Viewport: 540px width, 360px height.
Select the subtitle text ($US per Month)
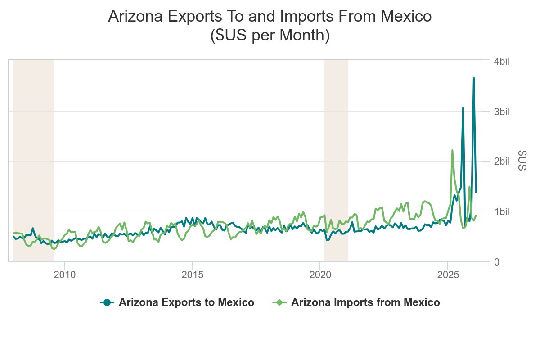(270, 36)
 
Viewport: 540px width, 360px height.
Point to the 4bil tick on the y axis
(501, 62)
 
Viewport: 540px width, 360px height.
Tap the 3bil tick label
(501, 112)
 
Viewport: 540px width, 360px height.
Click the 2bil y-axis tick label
(501, 162)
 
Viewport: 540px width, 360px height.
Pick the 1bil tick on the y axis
(501, 211)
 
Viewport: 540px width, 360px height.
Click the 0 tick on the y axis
(496, 261)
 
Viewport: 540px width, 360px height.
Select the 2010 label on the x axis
(64, 274)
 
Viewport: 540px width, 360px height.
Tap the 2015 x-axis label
(192, 274)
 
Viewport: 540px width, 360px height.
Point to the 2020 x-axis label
(319, 274)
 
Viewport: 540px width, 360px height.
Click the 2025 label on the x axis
(447, 274)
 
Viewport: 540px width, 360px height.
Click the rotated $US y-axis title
(522, 161)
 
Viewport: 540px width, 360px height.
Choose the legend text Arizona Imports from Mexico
(365, 303)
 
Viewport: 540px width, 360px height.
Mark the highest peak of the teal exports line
(473, 78)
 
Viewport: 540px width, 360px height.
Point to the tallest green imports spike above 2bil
(452, 150)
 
